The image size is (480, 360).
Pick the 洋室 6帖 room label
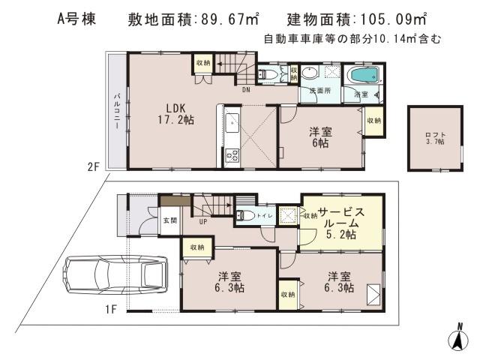[322, 138]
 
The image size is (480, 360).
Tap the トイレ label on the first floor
[265, 215]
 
